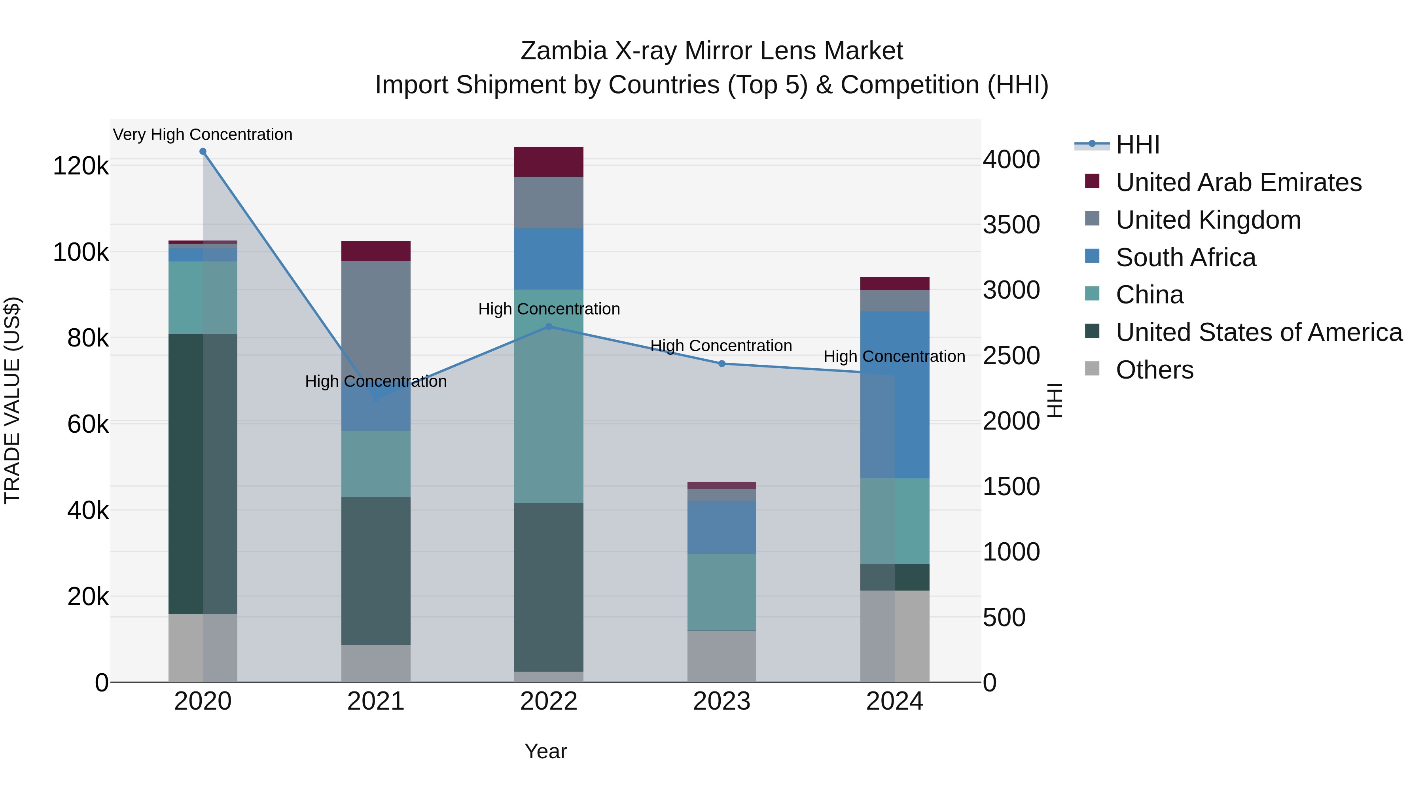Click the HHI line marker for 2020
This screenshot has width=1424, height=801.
pyautogui.click(x=203, y=151)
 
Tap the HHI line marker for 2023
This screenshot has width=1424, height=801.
pyautogui.click(x=721, y=364)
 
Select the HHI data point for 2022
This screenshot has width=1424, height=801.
pyautogui.click(x=548, y=327)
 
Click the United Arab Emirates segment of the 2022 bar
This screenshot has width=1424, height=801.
pyautogui.click(x=548, y=162)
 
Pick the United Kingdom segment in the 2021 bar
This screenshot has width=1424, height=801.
pyautogui.click(x=376, y=321)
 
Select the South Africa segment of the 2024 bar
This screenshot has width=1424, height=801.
pyautogui.click(x=894, y=395)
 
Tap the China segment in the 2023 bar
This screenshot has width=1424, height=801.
pyautogui.click(x=721, y=591)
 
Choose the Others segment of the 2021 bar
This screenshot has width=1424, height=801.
pyautogui.click(x=376, y=663)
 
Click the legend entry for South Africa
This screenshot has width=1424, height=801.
pyautogui.click(x=1186, y=258)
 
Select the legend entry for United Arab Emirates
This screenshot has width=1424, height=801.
pyautogui.click(x=1238, y=182)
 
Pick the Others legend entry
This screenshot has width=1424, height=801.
pyautogui.click(x=1154, y=370)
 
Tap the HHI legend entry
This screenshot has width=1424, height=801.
pyautogui.click(x=1137, y=145)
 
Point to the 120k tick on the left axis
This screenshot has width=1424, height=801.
pyautogui.click(x=81, y=166)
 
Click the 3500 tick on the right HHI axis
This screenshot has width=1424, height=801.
pyautogui.click(x=1011, y=225)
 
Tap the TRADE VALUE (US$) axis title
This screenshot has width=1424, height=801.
pyautogui.click(x=12, y=400)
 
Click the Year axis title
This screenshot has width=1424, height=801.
pyautogui.click(x=545, y=751)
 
